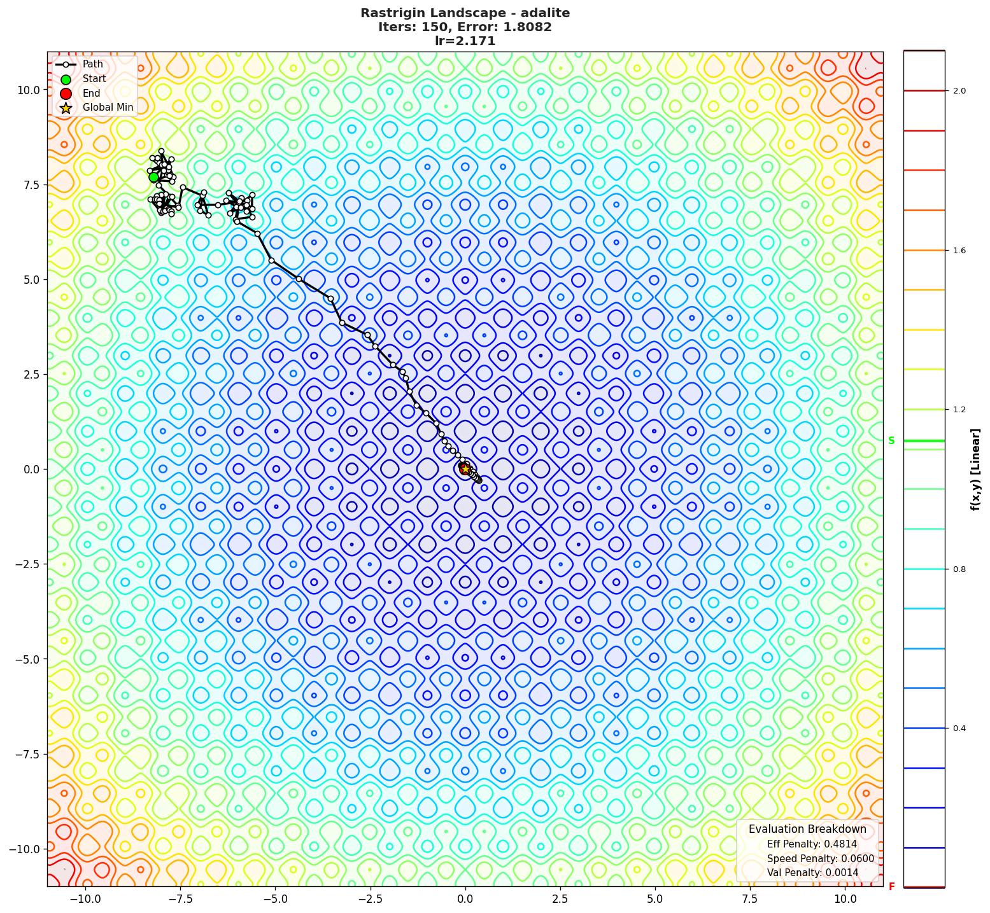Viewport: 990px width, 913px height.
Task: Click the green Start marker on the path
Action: click(x=154, y=177)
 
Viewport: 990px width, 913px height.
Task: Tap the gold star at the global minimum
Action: click(x=465, y=469)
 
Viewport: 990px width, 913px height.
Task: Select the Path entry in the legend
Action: click(x=92, y=64)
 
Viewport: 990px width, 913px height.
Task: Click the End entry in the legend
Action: click(x=91, y=93)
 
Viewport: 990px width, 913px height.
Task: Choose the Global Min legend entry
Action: click(x=108, y=108)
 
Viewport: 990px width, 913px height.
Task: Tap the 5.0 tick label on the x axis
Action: click(x=655, y=898)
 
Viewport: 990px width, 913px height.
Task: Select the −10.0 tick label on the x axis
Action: click(x=85, y=898)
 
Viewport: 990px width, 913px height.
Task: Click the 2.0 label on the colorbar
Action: click(x=959, y=91)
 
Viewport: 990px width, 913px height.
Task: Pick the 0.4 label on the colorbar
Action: click(x=959, y=728)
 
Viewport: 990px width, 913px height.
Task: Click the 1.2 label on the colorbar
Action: click(x=959, y=410)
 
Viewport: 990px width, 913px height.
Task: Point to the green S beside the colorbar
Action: click(x=891, y=440)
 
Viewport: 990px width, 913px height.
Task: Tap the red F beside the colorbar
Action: click(x=891, y=886)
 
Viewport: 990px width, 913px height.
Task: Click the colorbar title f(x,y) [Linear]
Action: click(x=975, y=469)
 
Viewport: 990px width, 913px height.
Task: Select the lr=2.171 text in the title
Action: click(x=465, y=41)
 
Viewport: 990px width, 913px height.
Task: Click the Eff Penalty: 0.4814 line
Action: click(x=811, y=844)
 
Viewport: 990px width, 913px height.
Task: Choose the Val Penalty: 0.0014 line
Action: click(x=812, y=872)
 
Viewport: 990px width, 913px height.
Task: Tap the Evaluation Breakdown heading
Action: click(x=807, y=829)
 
